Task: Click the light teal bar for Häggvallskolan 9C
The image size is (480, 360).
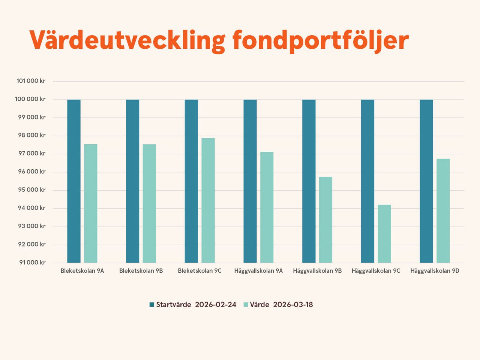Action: point(384,234)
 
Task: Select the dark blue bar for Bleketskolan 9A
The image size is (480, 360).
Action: point(74,181)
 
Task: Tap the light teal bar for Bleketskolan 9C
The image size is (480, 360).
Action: point(208,200)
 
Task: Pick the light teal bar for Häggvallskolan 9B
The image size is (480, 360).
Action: point(325,220)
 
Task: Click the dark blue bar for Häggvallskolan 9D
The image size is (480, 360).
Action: point(426,181)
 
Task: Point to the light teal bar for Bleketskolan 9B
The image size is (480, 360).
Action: point(149,203)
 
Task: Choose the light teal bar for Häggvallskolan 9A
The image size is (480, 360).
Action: point(267,207)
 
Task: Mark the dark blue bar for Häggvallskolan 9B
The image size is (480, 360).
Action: point(309,181)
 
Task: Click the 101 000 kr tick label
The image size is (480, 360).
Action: point(31,81)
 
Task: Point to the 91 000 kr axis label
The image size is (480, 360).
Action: point(32,263)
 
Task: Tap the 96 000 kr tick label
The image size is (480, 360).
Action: point(32,172)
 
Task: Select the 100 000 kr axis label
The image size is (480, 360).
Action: point(30,99)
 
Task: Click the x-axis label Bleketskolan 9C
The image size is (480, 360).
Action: point(199,271)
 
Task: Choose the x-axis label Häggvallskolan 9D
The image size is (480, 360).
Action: point(435,271)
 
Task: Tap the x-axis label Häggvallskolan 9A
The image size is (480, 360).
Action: point(258,271)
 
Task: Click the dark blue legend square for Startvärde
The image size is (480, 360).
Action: point(152,305)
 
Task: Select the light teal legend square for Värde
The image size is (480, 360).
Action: point(246,305)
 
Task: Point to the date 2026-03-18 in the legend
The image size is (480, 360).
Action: point(293,305)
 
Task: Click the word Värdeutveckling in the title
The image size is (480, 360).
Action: point(127,40)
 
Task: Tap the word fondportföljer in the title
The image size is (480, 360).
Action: point(320,40)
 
